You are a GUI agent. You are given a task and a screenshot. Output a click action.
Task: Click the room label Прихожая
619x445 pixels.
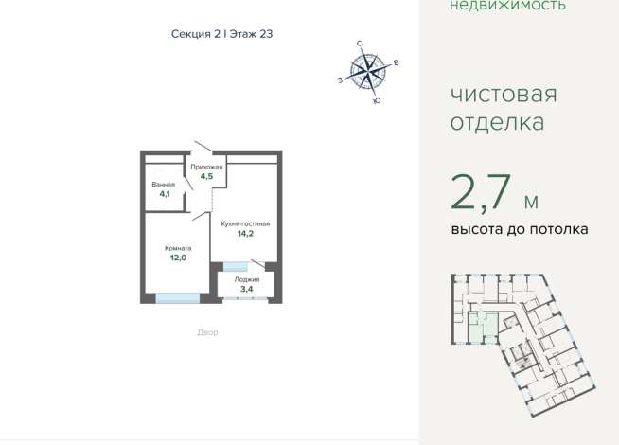click(x=206, y=167)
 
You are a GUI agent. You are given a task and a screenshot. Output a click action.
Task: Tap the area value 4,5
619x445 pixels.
click(x=206, y=176)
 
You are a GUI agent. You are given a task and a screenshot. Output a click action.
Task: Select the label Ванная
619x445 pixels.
click(x=164, y=185)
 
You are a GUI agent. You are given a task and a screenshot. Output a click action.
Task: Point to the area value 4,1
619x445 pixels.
click(x=165, y=194)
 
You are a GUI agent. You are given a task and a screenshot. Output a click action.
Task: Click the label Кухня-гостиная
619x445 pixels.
click(x=245, y=223)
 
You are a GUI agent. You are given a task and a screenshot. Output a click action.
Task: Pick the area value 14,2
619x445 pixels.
click(x=245, y=233)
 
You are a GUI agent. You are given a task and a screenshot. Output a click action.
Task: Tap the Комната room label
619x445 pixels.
click(x=178, y=248)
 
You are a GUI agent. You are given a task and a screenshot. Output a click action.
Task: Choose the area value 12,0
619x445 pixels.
click(x=178, y=258)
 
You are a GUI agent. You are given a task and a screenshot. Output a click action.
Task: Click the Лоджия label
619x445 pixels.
click(x=247, y=279)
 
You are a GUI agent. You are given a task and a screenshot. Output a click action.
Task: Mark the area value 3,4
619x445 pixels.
click(x=247, y=289)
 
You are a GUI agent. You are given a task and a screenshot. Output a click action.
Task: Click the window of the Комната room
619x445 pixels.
click(x=177, y=298)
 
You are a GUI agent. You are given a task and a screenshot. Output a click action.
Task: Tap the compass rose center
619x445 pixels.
click(x=368, y=71)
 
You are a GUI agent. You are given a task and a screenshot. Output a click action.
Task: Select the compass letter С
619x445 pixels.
click(x=360, y=44)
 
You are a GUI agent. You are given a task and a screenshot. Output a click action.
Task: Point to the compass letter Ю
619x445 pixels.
click(x=377, y=100)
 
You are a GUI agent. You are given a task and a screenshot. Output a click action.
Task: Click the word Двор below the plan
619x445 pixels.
click(x=207, y=332)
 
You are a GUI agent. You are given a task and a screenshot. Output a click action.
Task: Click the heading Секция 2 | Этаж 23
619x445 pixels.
click(x=221, y=34)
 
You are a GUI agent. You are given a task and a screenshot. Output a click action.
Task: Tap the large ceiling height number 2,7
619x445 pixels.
click(x=481, y=192)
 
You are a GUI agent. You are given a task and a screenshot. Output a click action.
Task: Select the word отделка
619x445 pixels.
click(x=498, y=122)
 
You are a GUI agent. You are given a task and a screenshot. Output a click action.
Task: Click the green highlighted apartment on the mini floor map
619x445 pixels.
click(x=483, y=328)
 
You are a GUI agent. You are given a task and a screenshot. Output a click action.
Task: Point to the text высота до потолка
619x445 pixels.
click(x=520, y=229)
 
